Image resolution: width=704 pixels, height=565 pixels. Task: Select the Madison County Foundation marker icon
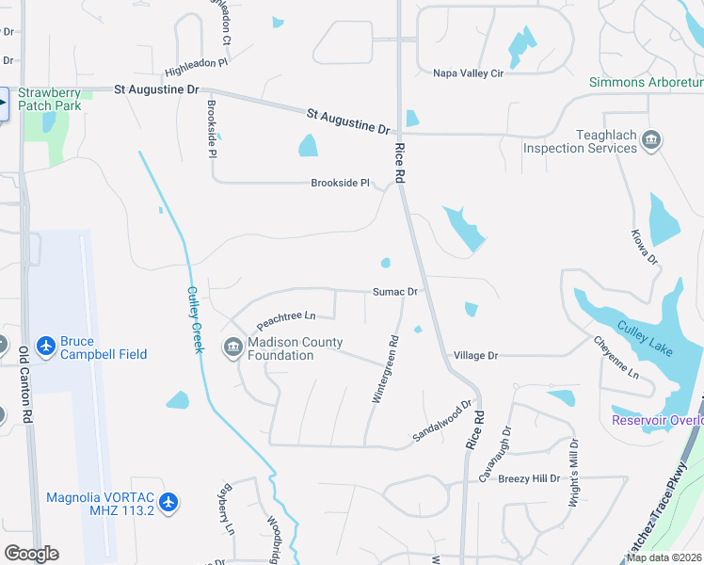[x=232, y=348]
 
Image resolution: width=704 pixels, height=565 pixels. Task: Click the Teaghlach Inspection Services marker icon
[x=650, y=142]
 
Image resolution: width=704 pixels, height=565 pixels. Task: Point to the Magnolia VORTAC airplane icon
[x=168, y=503]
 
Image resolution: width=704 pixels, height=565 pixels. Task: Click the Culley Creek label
[x=195, y=319]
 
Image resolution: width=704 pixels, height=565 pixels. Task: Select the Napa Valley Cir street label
[x=469, y=73]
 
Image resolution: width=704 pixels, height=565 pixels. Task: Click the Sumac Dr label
[x=394, y=292]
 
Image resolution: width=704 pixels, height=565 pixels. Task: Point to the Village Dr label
[x=475, y=356]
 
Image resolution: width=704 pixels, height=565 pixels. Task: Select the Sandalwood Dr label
[x=441, y=424]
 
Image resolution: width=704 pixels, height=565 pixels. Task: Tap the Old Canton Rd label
[x=25, y=385]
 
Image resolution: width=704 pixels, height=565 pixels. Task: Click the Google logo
[x=31, y=554]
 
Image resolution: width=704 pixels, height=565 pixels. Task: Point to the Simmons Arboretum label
[x=646, y=82]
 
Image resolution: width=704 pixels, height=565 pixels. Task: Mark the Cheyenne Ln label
[x=616, y=358]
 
